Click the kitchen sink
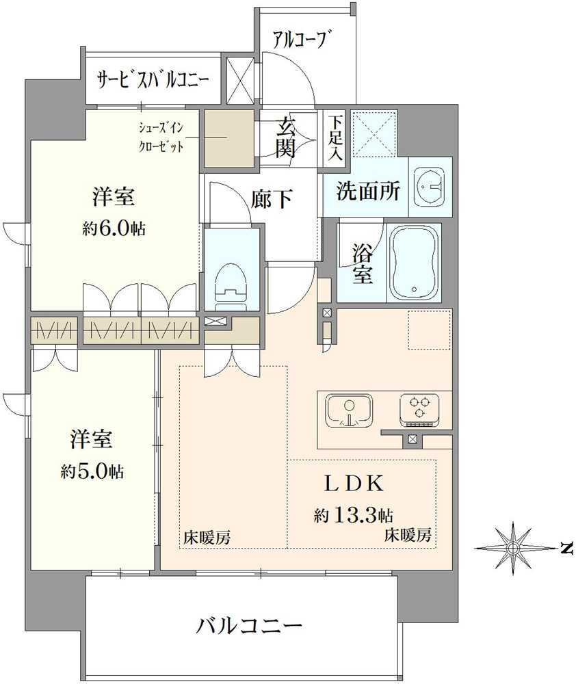point(348,410)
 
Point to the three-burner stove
point(419,409)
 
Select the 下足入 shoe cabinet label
point(335,137)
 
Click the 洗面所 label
point(367,191)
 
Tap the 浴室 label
point(363,263)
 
